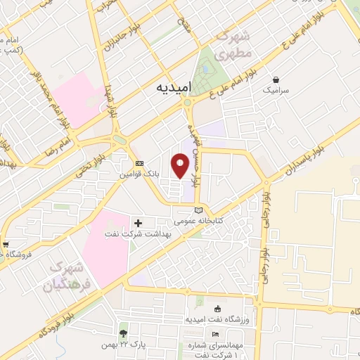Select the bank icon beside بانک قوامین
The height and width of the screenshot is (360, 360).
(x=139, y=163)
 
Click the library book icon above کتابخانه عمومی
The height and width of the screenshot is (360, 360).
(x=198, y=210)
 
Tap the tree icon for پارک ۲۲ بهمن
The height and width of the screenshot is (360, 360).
(x=124, y=333)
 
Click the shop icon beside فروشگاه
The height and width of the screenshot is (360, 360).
(x=6, y=245)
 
